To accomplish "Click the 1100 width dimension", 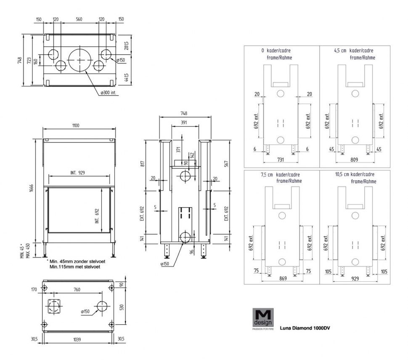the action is pyautogui.click(x=75, y=125).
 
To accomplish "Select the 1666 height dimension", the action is pyautogui.click(x=32, y=189).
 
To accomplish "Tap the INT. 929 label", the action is pyautogui.click(x=77, y=173).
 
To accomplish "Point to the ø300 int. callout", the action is pyautogui.click(x=108, y=93).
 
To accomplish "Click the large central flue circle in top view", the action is pyautogui.click(x=80, y=59).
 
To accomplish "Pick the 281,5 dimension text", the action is pyautogui.click(x=126, y=45).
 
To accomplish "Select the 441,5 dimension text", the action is pyautogui.click(x=126, y=77).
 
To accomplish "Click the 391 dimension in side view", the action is pyautogui.click(x=184, y=123).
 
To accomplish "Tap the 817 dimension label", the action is pyautogui.click(x=142, y=164).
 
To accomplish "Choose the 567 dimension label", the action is pyautogui.click(x=226, y=164).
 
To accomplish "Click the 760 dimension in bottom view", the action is pyautogui.click(x=77, y=289).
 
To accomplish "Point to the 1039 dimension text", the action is pyautogui.click(x=77, y=339).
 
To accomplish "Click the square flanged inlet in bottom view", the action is pyautogui.click(x=54, y=307).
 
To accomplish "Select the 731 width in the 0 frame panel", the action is pyautogui.click(x=281, y=160).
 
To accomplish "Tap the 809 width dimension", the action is pyautogui.click(x=354, y=160).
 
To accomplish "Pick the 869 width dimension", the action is pyautogui.click(x=283, y=278).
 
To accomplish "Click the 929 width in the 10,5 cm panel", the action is pyautogui.click(x=355, y=278).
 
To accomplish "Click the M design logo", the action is pyautogui.click(x=263, y=319).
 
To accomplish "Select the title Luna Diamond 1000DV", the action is pyautogui.click(x=305, y=328).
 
